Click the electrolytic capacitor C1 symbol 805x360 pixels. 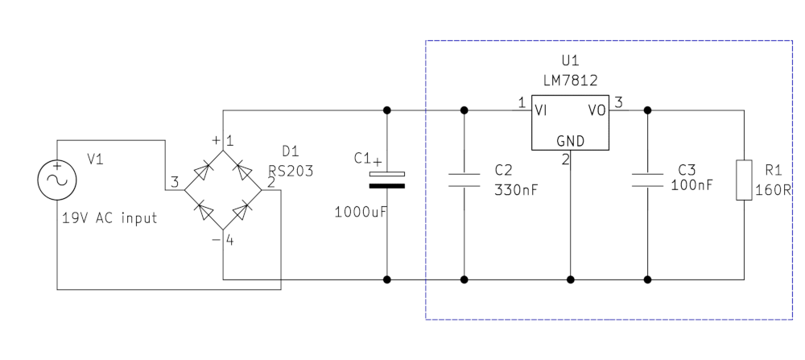[x=387, y=179]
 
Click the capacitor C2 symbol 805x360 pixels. [x=464, y=179]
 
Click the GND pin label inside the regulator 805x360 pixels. [x=569, y=141]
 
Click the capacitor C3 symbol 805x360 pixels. [x=647, y=179]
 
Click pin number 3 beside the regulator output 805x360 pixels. [x=618, y=102]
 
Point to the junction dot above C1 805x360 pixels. [x=387, y=110]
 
